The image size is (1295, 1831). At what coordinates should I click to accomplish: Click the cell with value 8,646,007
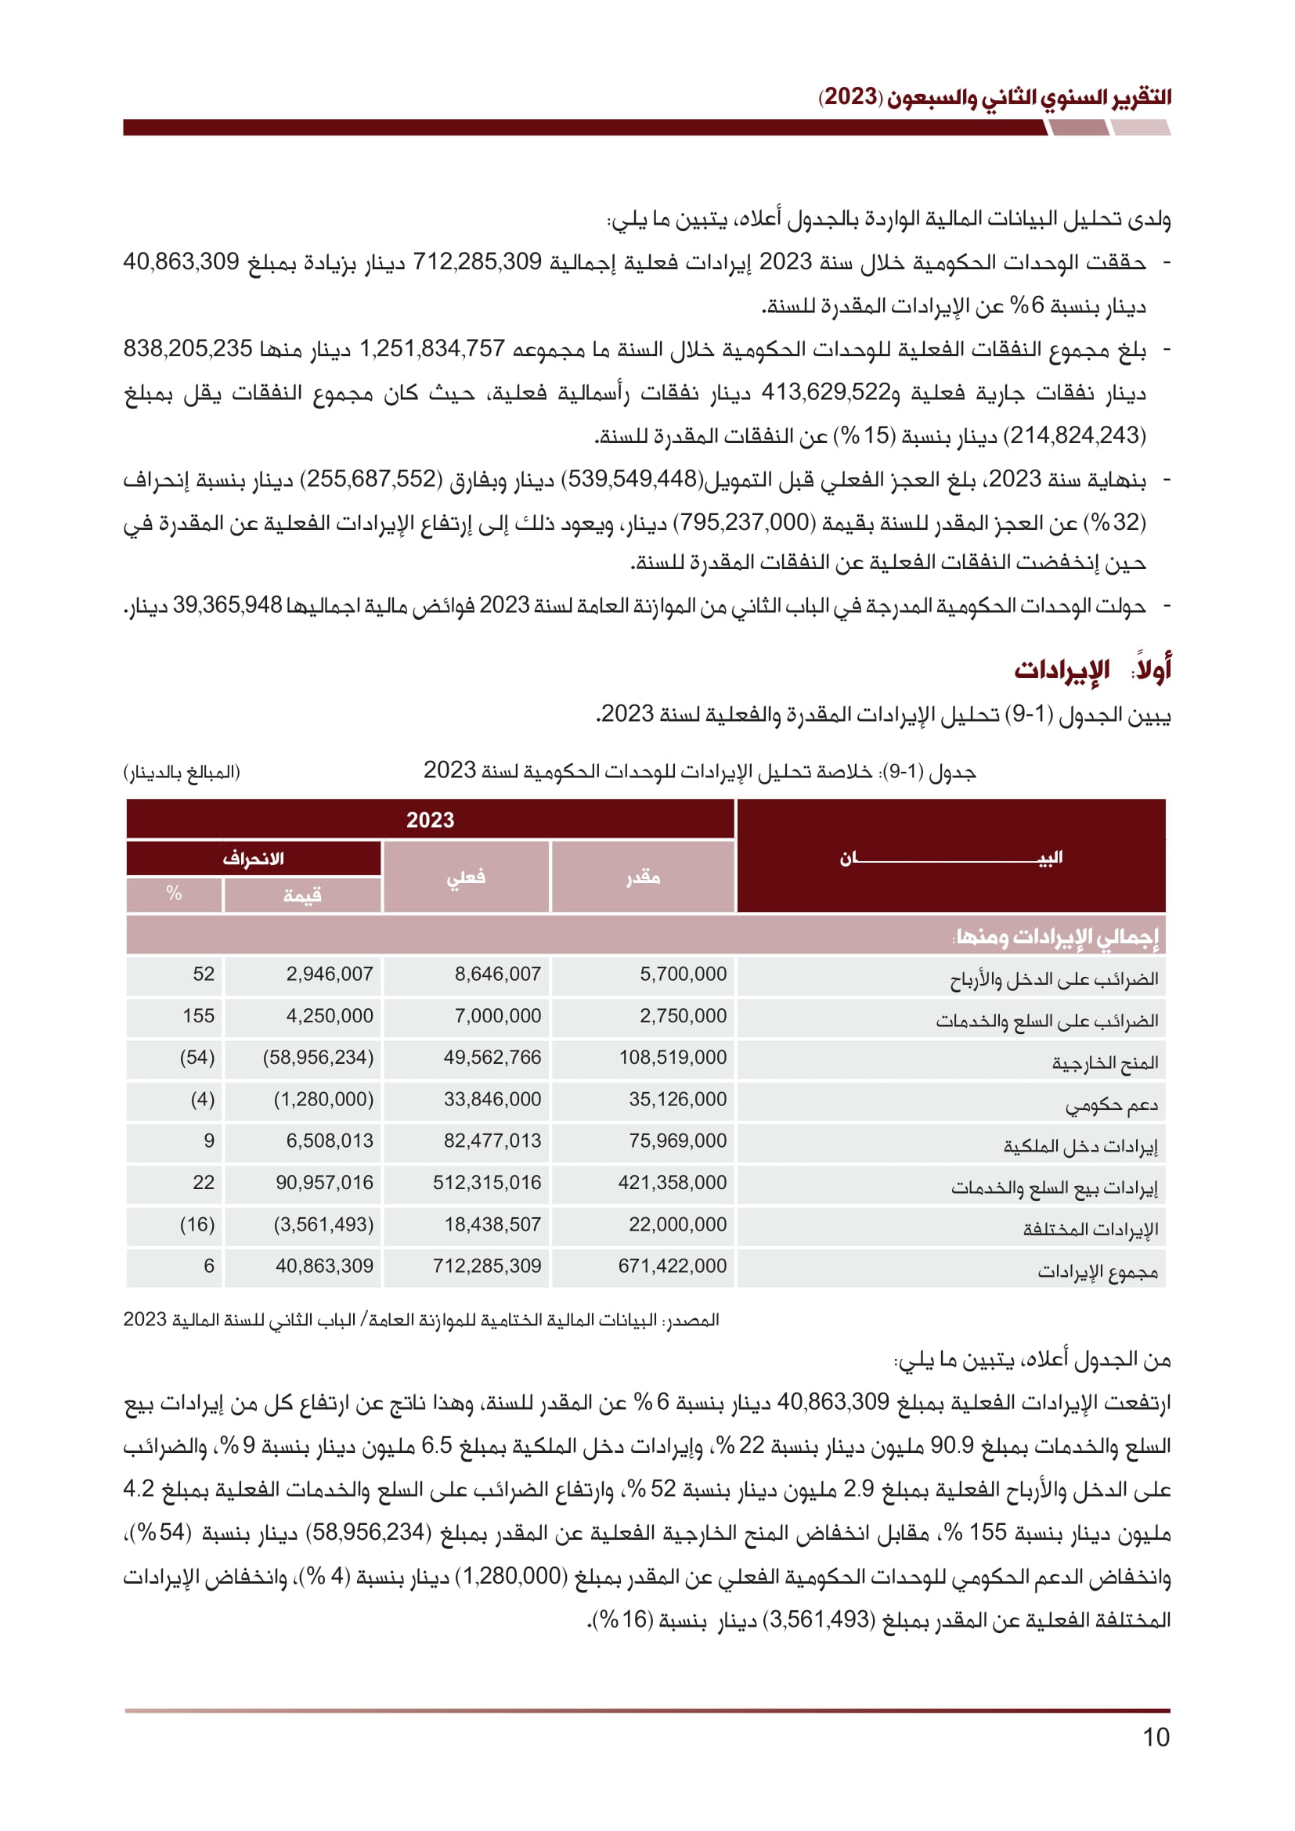498,974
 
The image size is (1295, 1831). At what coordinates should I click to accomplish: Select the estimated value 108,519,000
673,1058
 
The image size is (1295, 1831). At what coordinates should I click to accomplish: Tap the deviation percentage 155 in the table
199,1016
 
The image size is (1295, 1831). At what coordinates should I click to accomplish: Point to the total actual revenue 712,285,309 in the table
486,1266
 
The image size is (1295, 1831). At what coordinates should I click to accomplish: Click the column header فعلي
467,878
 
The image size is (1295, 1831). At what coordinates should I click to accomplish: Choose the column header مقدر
643,878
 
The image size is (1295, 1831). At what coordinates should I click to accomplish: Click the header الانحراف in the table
254,859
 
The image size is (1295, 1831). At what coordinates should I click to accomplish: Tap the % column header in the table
174,894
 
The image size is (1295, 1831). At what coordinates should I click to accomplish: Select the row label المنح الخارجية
1105,1063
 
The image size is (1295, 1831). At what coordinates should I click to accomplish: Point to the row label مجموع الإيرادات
1097,1271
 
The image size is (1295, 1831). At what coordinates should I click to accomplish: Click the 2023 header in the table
430,820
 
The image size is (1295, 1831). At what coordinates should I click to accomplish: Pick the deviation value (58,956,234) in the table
318,1058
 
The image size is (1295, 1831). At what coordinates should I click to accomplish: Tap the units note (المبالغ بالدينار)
182,772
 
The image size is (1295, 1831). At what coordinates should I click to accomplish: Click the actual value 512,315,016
486,1183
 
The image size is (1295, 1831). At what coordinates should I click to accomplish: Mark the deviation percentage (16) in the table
197,1224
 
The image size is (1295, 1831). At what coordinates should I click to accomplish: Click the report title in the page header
994,97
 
